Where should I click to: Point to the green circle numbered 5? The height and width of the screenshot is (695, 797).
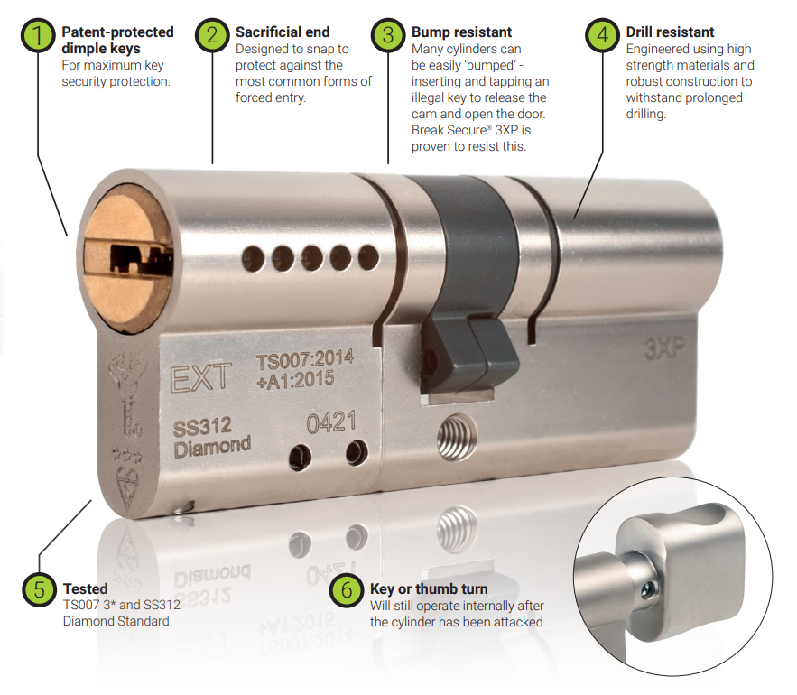click(40, 589)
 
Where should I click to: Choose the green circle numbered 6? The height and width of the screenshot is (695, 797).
click(348, 590)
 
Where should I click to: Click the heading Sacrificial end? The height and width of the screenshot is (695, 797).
click(283, 32)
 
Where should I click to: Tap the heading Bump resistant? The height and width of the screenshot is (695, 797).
click(461, 32)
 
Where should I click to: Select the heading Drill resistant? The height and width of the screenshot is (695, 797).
click(670, 32)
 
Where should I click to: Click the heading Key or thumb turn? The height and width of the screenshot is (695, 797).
click(429, 588)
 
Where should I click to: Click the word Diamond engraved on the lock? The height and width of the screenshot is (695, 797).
click(212, 446)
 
